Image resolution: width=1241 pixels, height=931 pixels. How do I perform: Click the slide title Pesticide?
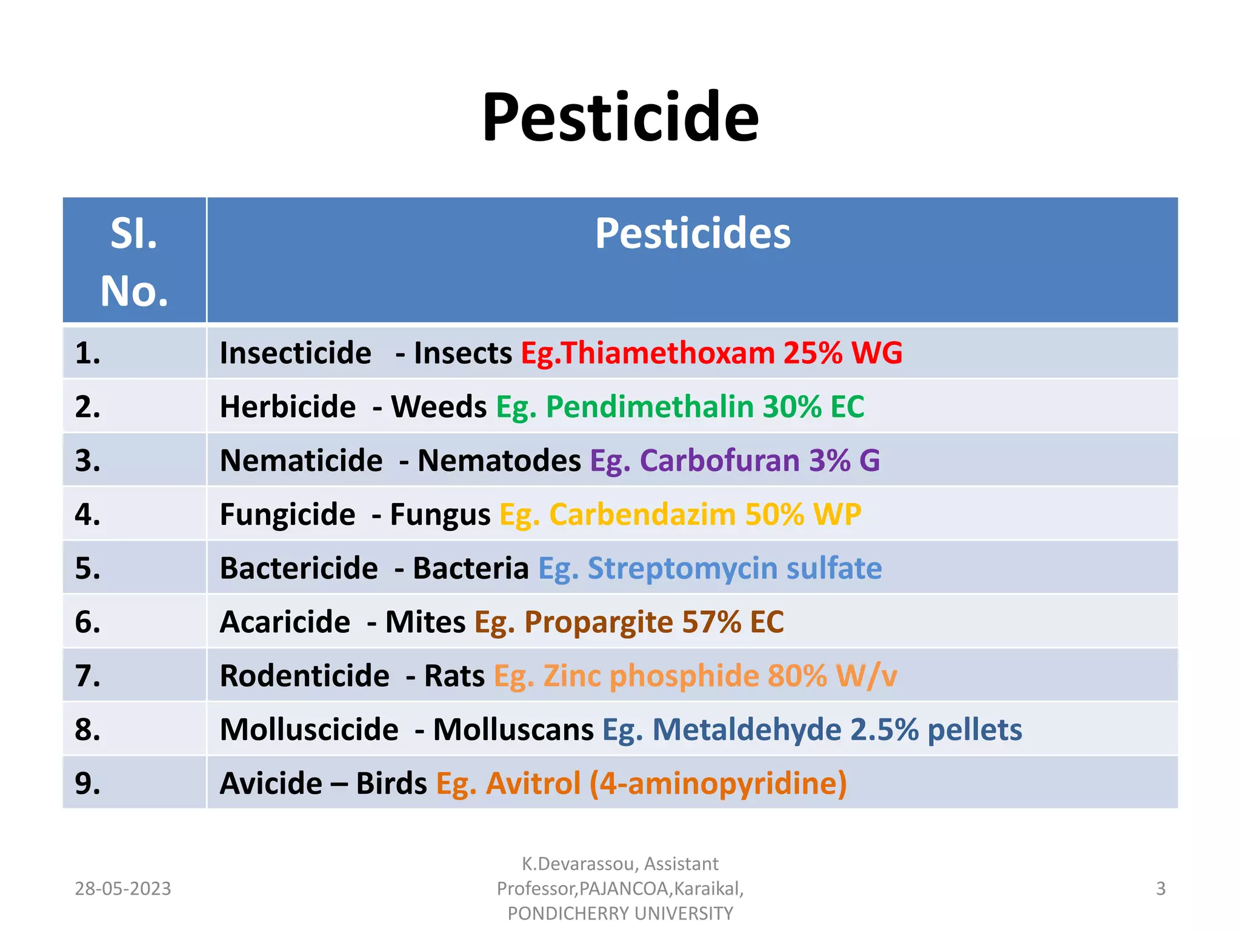click(x=620, y=116)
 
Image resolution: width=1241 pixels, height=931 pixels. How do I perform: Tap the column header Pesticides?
click(x=692, y=233)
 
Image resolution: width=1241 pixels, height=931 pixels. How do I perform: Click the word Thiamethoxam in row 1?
click(x=668, y=353)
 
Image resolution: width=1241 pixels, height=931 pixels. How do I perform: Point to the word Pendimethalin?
click(x=649, y=407)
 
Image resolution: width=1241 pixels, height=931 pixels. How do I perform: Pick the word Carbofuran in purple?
click(x=719, y=461)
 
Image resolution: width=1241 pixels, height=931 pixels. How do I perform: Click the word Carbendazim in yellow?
click(x=642, y=515)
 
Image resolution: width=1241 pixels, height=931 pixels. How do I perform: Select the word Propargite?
click(x=598, y=622)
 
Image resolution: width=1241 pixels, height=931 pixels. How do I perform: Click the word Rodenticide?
click(x=304, y=676)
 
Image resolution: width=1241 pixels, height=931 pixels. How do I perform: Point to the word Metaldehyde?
click(x=746, y=730)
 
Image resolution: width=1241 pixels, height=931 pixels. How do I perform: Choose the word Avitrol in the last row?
click(x=533, y=783)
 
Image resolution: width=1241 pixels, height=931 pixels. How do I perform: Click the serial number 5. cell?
click(x=88, y=569)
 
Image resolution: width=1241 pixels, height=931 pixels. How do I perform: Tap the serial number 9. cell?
click(x=88, y=783)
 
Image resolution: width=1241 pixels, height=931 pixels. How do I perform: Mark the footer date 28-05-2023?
click(x=123, y=889)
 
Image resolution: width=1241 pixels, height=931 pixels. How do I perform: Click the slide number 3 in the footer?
click(x=1160, y=889)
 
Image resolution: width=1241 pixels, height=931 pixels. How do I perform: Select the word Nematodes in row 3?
click(x=499, y=461)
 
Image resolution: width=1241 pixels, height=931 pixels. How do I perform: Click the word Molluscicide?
click(x=309, y=730)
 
